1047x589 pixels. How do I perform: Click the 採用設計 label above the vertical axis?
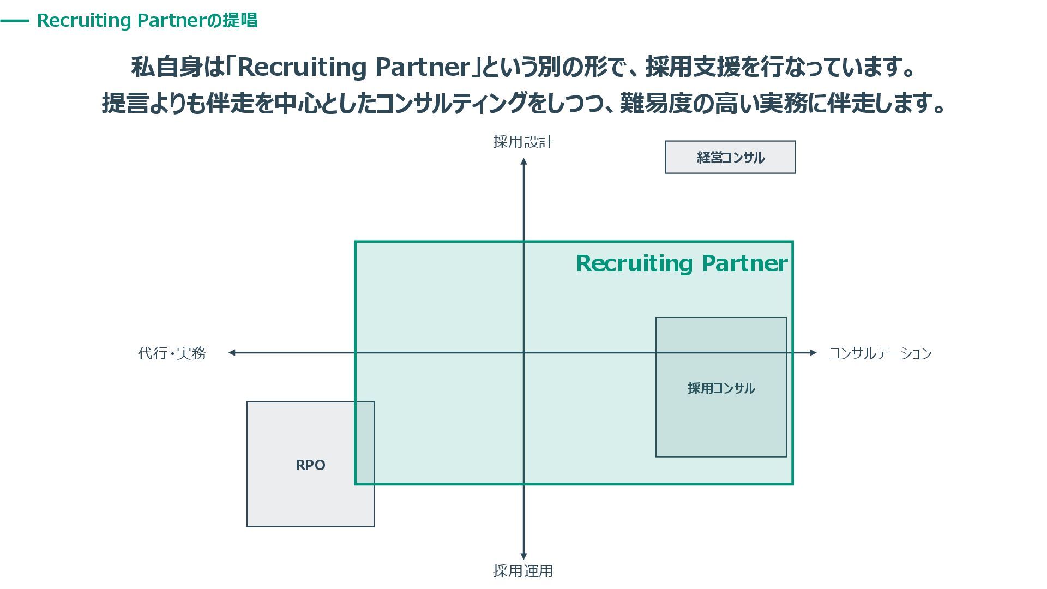coord(523,142)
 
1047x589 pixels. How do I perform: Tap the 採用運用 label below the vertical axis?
coord(523,571)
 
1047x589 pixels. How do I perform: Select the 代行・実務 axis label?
coord(172,353)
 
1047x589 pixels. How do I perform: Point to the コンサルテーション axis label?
coord(880,353)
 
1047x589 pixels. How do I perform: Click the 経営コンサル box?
coord(730,158)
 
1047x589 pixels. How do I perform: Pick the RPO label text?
coord(310,465)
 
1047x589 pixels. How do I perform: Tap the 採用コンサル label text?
coord(721,388)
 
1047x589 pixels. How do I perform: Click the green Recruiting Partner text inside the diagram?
coord(682,263)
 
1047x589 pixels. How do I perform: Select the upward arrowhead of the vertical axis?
coord(523,161)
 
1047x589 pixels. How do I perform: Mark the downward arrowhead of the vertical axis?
coord(523,556)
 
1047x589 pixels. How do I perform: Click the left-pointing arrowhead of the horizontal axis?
coord(232,353)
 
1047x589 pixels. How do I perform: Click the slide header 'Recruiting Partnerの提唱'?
coord(147,21)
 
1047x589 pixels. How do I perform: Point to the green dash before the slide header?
coord(15,21)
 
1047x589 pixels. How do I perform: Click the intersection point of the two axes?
coord(523,353)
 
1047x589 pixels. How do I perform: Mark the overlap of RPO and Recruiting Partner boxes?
coord(365,443)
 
